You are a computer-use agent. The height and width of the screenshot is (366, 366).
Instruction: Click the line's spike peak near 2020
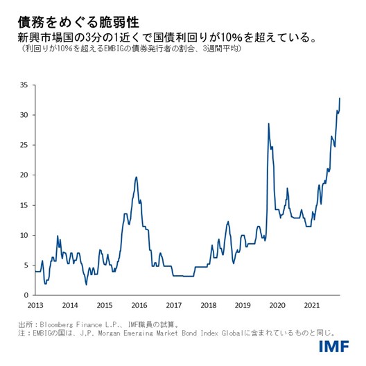pos(268,123)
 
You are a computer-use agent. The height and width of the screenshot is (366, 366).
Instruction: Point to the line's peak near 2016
pos(136,177)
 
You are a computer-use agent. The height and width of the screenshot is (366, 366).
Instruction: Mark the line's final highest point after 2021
pos(340,98)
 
